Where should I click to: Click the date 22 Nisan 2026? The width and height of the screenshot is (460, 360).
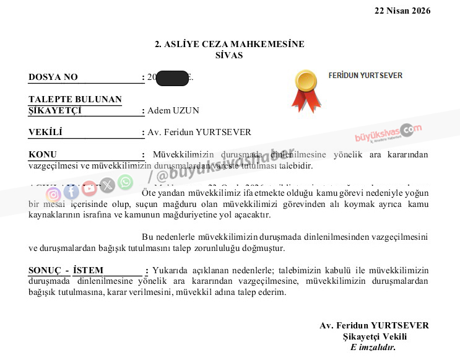coord(402,11)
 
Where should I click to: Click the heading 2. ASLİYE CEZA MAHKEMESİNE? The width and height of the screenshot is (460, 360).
coord(230,44)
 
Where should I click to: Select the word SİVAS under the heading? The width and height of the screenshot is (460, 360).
coord(229,55)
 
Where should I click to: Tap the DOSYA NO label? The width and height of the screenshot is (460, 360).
coord(53,77)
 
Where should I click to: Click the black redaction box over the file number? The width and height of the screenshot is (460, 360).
coord(172,77)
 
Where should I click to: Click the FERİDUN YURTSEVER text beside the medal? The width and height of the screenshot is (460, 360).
coord(365,76)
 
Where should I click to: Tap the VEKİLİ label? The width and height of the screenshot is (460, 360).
coord(45,132)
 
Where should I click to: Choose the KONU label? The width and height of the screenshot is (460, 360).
coord(43,154)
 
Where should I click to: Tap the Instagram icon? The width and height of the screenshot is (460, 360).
coord(53,195)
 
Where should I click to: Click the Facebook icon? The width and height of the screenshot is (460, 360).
coord(71,191)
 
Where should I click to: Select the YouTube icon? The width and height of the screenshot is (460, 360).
coord(89,188)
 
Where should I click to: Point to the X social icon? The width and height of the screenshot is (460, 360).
coord(107,185)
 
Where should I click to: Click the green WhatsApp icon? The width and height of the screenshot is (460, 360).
coord(125,182)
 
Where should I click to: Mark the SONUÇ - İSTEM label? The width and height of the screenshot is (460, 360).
coord(66,270)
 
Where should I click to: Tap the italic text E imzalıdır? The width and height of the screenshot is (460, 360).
coord(373,347)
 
